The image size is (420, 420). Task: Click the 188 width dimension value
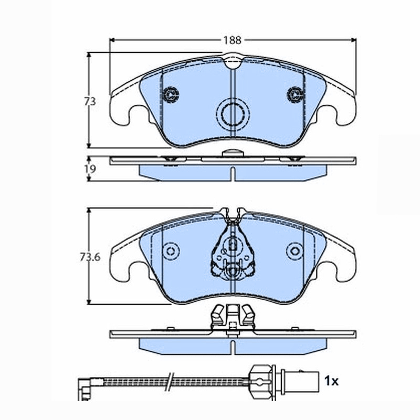pos(232,40)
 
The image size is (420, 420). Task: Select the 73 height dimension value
pos(90,101)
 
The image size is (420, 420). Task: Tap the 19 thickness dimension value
pos(90,169)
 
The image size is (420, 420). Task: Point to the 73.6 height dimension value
pos(90,257)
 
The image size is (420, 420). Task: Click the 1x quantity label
pos(331,381)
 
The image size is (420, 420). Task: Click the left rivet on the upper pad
pos(171,94)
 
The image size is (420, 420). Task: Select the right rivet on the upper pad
pos(295,94)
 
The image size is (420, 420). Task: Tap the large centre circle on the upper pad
pos(233,114)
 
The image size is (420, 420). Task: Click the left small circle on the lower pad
pos(171,251)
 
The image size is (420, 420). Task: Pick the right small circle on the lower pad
pos(295,251)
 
